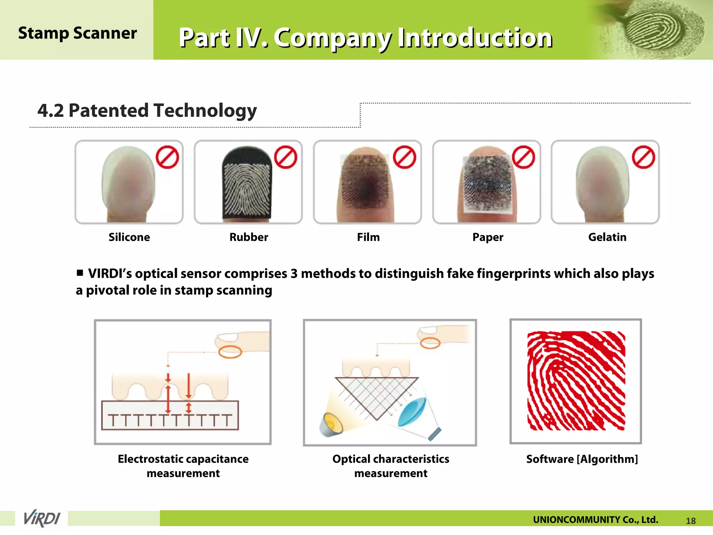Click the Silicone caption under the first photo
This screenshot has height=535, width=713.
point(129,237)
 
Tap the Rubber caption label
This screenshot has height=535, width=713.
point(249,237)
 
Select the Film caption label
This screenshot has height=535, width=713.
point(368,237)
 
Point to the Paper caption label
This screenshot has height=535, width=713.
point(488,238)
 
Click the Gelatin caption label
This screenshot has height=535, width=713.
point(607,237)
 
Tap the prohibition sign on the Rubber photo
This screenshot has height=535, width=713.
point(285,157)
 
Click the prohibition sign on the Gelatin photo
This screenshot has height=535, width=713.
point(643,157)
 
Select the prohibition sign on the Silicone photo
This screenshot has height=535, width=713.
point(167,157)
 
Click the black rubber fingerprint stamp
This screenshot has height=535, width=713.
point(247,185)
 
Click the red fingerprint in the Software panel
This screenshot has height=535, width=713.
point(576,381)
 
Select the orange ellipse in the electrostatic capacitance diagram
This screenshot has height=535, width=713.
point(230,352)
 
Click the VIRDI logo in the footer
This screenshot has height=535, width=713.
point(42,518)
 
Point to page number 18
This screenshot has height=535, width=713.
point(691,521)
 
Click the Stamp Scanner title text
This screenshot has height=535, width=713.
point(77,33)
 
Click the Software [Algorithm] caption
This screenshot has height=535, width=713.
point(582,459)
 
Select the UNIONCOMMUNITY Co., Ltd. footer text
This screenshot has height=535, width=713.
point(595,520)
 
